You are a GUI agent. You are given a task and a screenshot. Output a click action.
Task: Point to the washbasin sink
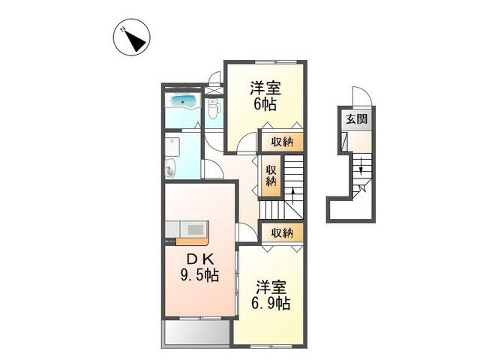[x=171, y=169]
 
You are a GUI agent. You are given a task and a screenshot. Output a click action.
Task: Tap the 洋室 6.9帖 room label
[x=271, y=295]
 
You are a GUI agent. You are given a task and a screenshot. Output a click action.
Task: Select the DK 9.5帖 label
[x=199, y=268]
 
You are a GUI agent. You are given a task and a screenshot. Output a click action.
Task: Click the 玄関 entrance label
[x=356, y=119]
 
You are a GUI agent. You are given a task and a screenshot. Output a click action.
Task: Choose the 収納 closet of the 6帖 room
[x=282, y=141]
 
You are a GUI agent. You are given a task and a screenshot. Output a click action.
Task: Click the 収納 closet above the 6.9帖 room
[x=282, y=232]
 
